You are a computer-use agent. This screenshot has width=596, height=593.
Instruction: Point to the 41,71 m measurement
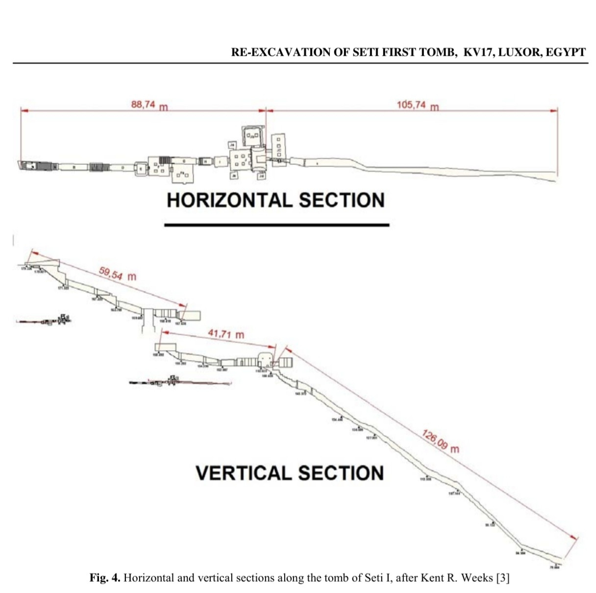(225, 334)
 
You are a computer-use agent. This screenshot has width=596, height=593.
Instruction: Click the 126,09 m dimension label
(440, 441)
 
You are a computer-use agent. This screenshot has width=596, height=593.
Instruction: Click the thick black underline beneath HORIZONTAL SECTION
(276, 225)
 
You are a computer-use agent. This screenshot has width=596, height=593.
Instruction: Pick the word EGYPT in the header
(565, 52)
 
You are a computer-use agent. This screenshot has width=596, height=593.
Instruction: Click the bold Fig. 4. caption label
(104, 578)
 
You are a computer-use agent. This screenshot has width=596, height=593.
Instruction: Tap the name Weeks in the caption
(478, 578)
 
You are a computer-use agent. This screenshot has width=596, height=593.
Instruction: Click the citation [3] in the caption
(503, 578)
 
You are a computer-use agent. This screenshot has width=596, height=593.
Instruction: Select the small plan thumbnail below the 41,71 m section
(176, 381)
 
